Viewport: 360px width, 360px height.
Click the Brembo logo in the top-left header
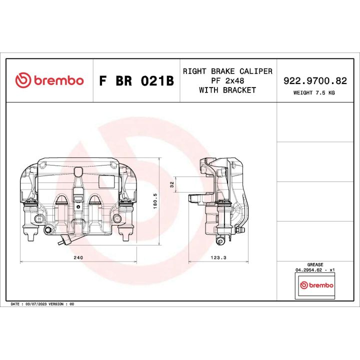coord(49,80)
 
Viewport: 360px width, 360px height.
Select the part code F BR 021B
coord(136,81)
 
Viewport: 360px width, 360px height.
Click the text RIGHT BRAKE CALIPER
coord(227,71)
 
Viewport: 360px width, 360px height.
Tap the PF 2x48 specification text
coord(227,80)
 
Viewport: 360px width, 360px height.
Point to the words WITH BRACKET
coord(227,90)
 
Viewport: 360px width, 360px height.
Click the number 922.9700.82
coord(315,80)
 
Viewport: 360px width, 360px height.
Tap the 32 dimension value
coord(172,184)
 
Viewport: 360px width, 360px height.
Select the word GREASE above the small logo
coord(315,264)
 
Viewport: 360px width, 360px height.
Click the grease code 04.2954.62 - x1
coord(315,269)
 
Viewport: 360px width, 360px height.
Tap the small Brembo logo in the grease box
coord(315,285)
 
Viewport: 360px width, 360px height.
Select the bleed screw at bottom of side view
coord(219,241)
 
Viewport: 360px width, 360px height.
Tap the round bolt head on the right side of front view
coord(117,218)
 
